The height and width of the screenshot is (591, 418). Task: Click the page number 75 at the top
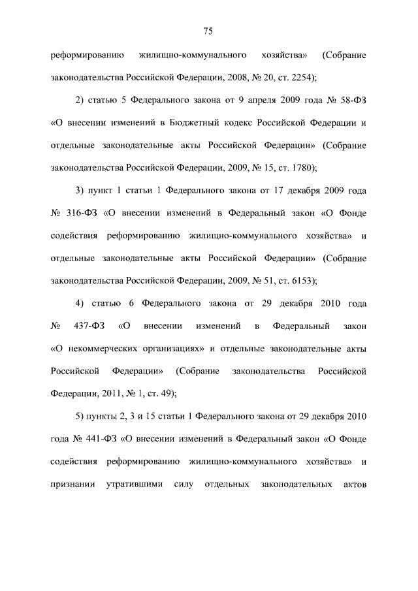[x=208, y=31]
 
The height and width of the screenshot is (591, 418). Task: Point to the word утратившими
[x=135, y=485]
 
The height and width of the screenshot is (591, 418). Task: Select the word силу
[x=185, y=485]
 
